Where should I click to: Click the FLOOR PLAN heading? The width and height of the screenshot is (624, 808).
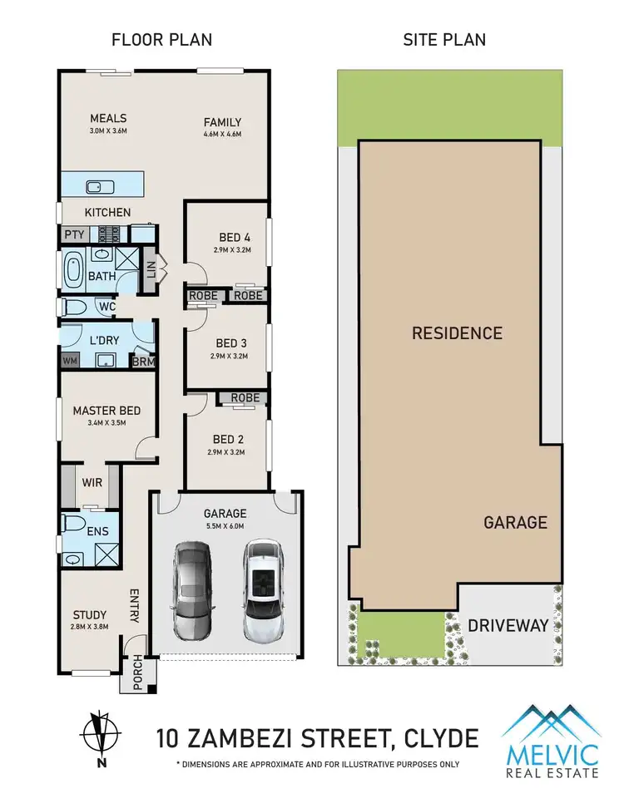coord(162,39)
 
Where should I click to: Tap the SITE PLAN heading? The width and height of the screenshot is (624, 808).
coord(444,39)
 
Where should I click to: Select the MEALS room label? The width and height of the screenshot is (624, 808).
coord(108,118)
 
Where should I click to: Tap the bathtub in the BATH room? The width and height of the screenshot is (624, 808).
coord(72,271)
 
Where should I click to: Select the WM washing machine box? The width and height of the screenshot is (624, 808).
coord(69,362)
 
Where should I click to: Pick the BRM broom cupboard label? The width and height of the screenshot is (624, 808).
coord(144,362)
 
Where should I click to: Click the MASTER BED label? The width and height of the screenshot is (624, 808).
coord(106,411)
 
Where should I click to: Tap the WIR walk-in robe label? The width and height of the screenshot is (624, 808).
coord(92,481)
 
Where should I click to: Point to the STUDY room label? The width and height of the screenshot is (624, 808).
coord(90,615)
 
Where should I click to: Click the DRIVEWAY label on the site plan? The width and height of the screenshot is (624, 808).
coord(508,625)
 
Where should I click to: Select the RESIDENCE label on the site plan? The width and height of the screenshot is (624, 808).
coord(457,333)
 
